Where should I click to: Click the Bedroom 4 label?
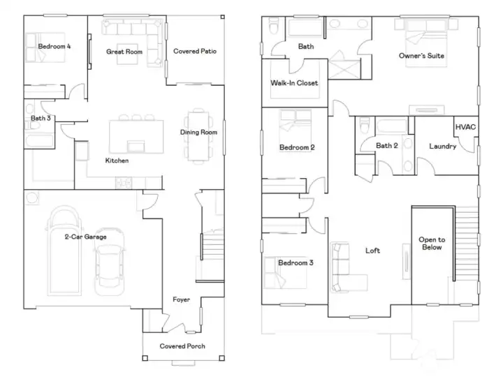point(54,47)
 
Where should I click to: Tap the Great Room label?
point(124,52)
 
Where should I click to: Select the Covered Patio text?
point(195,51)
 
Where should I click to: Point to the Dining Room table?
point(198,136)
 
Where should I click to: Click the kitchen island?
point(136,136)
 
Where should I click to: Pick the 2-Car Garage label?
point(86,237)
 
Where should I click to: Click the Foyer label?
point(181,300)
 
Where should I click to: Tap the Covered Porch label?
point(182,346)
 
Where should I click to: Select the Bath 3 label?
point(41,118)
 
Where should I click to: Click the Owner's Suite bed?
point(426,43)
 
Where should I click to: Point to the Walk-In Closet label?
point(294,83)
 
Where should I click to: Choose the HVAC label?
point(465,127)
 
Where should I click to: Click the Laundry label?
point(443,147)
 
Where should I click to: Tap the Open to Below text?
point(432,244)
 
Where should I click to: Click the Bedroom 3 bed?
point(284,272)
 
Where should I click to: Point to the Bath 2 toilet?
point(365,125)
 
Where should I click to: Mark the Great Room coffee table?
point(127,54)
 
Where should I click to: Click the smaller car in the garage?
point(110,261)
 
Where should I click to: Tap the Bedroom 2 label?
point(297,147)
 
